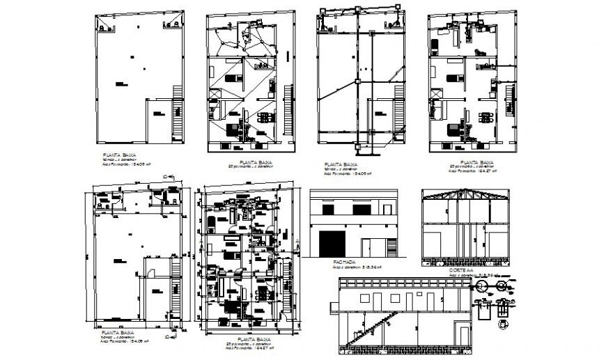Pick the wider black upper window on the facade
click(x=361, y=208)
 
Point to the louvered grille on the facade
click(x=366, y=244)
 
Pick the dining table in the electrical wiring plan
click(x=265, y=117)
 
